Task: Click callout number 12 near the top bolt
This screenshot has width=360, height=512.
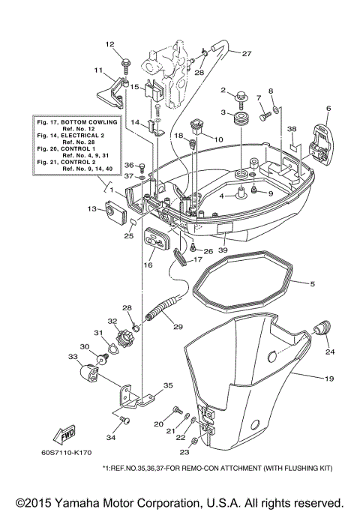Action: tap(108, 44)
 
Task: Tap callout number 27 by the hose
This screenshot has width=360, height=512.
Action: tap(246, 53)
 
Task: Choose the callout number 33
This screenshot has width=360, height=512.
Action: tap(73, 357)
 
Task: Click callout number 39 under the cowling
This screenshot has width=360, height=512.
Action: tap(222, 250)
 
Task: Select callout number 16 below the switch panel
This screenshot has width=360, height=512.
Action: tap(148, 265)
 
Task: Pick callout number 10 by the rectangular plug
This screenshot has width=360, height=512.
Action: tap(218, 139)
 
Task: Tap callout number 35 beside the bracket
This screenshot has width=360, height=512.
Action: tap(168, 386)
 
